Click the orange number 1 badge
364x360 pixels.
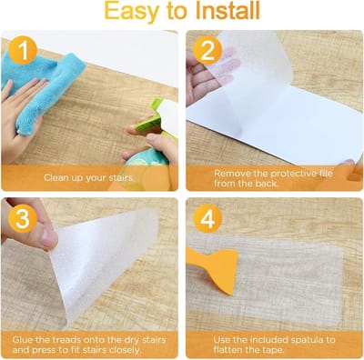click(x=23, y=50)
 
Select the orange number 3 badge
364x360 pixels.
click(x=23, y=218)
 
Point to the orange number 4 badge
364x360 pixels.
click(x=207, y=218)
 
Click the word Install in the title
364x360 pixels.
click(x=227, y=11)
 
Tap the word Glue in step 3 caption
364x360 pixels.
click(x=23, y=339)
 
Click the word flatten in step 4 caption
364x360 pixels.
click(x=229, y=350)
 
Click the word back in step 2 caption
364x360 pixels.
click(x=266, y=183)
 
